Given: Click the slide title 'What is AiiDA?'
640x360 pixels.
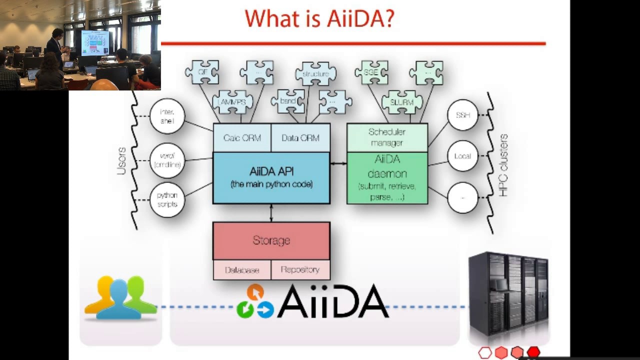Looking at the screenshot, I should [319, 19].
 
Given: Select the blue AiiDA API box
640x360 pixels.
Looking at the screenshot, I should [271, 177].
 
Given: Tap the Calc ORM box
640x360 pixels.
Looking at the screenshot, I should [242, 138].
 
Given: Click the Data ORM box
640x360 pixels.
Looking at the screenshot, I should [300, 138].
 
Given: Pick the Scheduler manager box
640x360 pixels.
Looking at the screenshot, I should [387, 137].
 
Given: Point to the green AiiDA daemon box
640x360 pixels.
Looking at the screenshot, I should [387, 178].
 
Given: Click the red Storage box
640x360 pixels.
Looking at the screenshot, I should [271, 240].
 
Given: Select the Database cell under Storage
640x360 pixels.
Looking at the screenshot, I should [242, 270].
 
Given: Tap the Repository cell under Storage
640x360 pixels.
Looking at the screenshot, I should [300, 270].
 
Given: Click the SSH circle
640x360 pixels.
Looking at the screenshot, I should [462, 115].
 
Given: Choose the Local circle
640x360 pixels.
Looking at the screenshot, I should [462, 156].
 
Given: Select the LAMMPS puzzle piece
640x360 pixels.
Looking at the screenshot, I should [232, 102].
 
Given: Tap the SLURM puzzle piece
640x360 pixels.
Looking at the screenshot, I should [401, 102].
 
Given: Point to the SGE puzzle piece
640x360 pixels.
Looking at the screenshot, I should [371, 73].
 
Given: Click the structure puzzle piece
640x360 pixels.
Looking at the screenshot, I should [315, 74].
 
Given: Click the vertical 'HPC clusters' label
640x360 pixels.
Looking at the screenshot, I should [503, 165].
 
